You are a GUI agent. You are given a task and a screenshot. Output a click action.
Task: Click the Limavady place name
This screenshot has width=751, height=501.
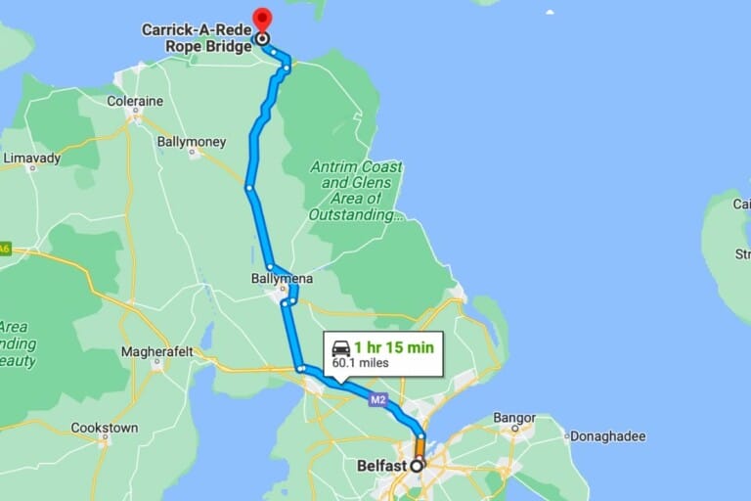[31, 157]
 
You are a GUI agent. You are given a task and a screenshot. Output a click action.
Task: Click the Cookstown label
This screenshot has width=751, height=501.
[104, 428]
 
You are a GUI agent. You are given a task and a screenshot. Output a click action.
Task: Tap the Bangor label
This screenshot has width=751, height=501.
[514, 418]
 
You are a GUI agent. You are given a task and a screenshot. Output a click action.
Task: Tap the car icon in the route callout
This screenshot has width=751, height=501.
[340, 347]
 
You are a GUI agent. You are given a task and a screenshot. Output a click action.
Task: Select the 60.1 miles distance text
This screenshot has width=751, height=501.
[361, 363]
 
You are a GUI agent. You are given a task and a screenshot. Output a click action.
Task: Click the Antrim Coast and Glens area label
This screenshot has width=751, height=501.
[356, 191]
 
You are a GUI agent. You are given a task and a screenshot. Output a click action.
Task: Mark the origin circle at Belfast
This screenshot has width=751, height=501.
[418, 466]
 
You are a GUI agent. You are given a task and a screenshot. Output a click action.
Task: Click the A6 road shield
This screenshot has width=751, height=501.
[4, 249]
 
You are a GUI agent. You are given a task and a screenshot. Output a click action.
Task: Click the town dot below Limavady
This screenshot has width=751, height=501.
[31, 168]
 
